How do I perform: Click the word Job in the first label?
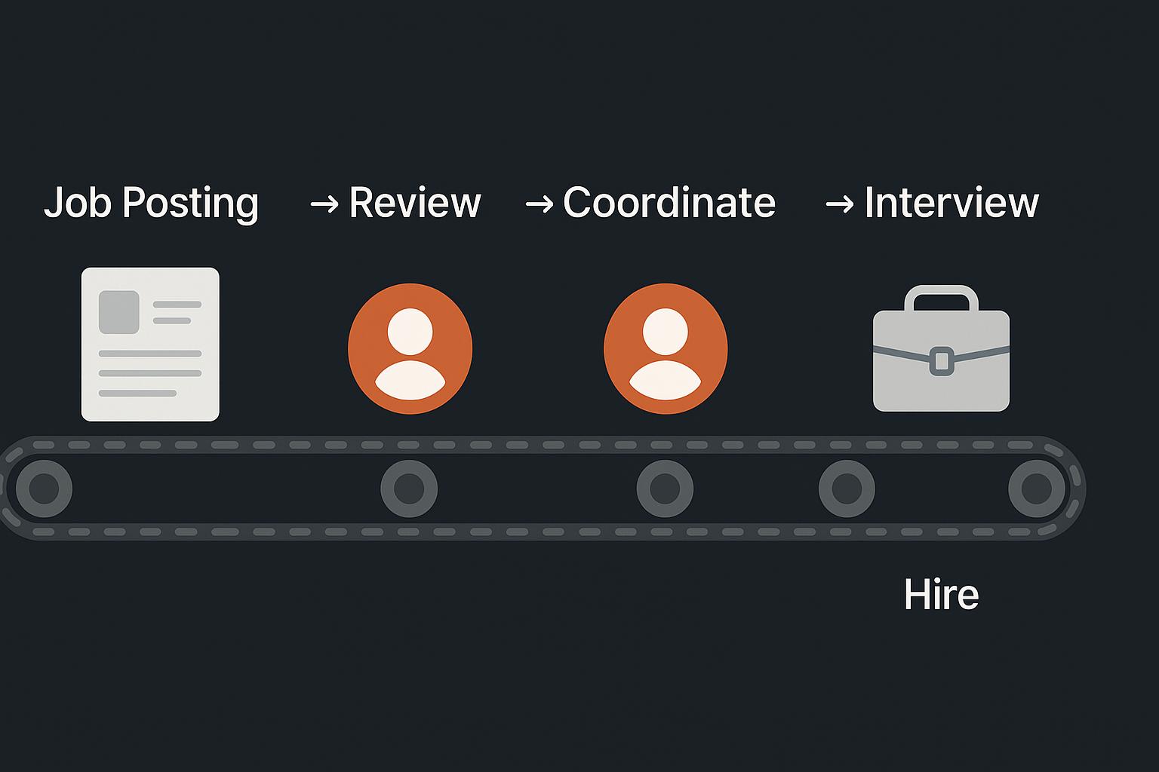(78, 202)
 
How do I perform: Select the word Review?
(415, 202)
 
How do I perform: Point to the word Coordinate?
(669, 202)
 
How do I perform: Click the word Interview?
(951, 202)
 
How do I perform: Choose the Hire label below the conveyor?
(941, 595)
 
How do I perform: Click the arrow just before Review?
(324, 205)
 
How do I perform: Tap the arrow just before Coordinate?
(540, 205)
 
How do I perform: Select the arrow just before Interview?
(840, 205)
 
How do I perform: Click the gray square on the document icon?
(119, 312)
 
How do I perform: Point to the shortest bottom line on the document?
(137, 393)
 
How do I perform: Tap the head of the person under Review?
(410, 332)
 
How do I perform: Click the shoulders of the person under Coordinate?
(666, 381)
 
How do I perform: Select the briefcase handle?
(941, 293)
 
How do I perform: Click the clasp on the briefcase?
(942, 361)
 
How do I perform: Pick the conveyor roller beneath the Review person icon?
(409, 489)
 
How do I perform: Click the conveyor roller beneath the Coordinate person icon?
(665, 489)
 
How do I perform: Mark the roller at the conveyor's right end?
(1037, 489)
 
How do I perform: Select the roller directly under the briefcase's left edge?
(847, 489)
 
